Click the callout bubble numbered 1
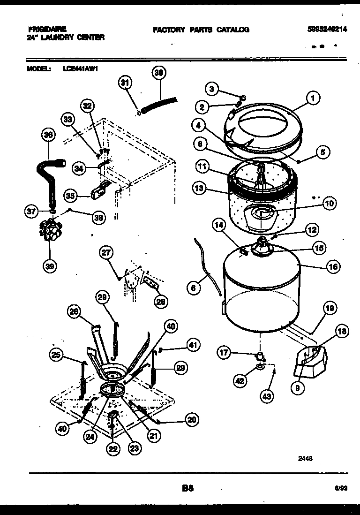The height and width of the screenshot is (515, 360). click(x=313, y=98)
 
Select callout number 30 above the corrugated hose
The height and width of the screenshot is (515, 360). click(x=159, y=73)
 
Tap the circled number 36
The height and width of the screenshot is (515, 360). click(x=48, y=135)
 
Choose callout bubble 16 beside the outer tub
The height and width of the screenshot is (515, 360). click(x=333, y=267)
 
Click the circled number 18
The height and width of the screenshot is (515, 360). click(x=342, y=332)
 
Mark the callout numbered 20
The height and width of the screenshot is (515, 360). click(x=191, y=420)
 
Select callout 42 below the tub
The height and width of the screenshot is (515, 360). click(x=240, y=381)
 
